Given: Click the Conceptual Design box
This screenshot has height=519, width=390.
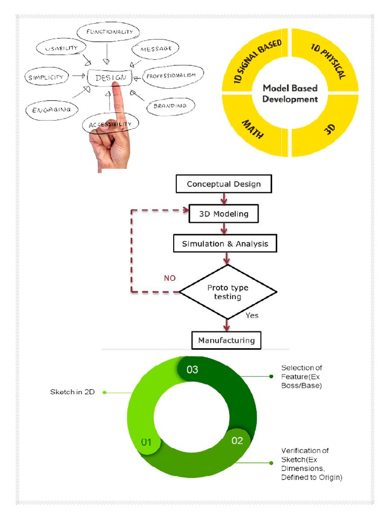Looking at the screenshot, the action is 224,183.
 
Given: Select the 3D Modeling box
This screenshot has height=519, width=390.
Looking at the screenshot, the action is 223,214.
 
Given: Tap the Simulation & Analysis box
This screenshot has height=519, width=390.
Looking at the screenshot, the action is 225,244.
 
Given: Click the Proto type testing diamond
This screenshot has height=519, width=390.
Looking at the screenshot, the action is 228,292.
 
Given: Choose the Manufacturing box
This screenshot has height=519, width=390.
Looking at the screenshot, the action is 226,340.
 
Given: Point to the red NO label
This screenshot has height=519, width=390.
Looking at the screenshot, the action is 170,278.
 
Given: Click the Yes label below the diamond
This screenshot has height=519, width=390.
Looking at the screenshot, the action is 252,315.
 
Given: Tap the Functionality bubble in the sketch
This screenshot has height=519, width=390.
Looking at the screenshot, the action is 108,32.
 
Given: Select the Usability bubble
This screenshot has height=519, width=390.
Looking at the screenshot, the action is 61,48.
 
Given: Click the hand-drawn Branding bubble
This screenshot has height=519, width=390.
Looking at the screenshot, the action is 171,106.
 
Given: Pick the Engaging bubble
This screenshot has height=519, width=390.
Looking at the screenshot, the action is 52,110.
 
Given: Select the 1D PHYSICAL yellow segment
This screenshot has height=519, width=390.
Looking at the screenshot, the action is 327,60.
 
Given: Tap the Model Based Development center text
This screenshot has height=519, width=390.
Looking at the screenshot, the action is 290,93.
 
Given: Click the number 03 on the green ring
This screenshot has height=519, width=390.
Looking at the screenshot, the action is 192,369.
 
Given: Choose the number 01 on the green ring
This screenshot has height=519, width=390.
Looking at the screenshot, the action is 146,442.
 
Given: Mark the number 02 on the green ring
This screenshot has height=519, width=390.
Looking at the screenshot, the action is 237,440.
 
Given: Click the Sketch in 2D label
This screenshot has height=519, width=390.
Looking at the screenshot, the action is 72,392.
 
